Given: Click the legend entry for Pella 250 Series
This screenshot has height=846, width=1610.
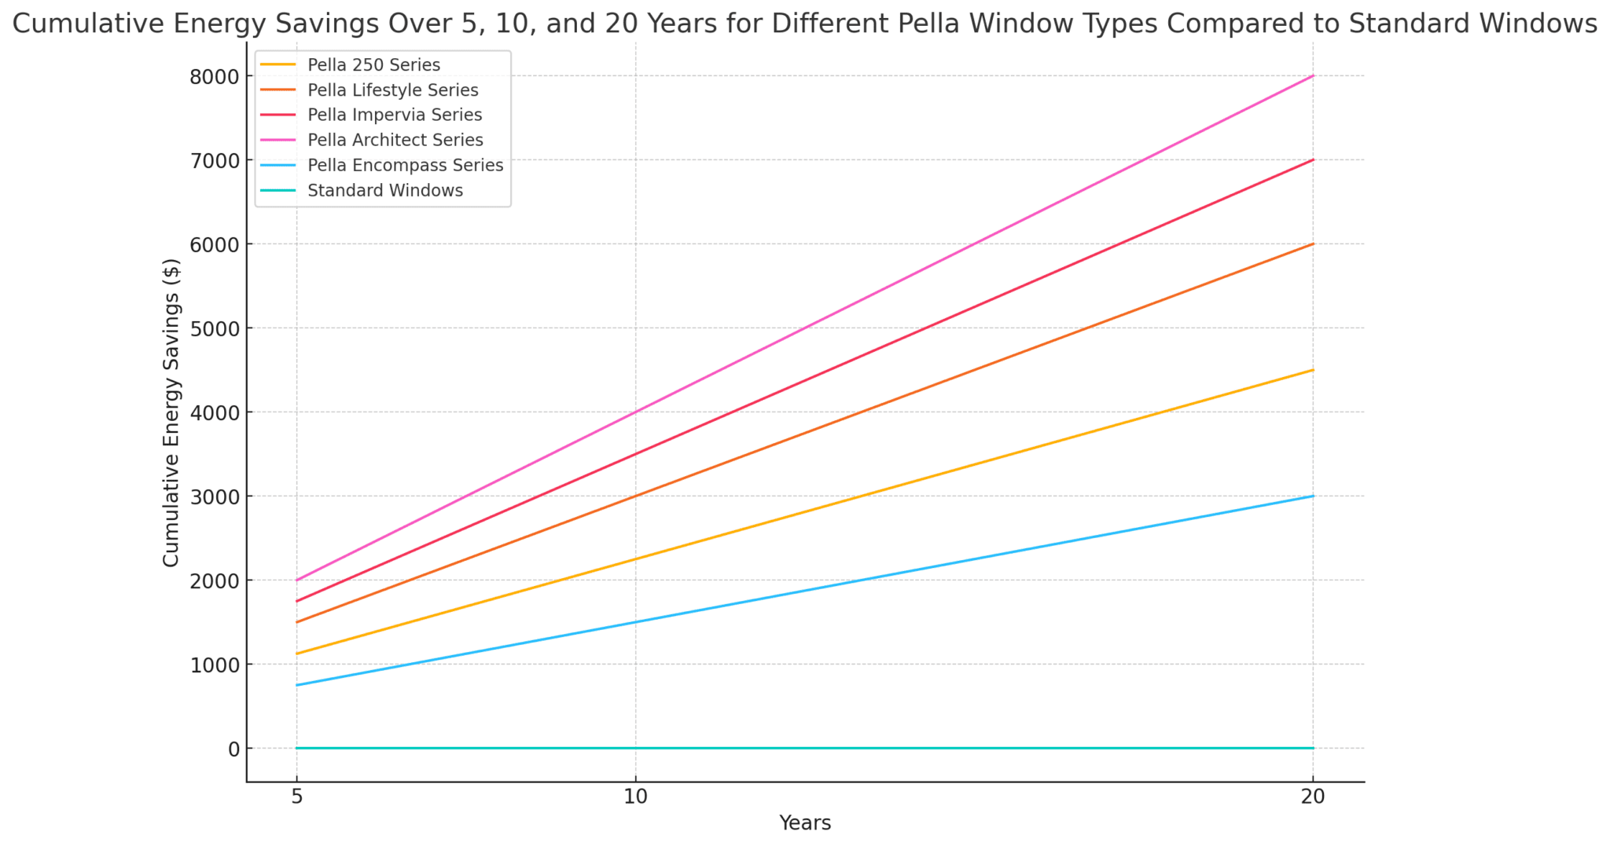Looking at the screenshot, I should tap(373, 64).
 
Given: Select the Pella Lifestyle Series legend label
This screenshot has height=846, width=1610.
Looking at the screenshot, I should tap(393, 90).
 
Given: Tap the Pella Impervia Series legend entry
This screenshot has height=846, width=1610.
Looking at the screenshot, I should tap(395, 115).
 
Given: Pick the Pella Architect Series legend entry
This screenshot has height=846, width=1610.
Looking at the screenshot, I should tap(395, 140).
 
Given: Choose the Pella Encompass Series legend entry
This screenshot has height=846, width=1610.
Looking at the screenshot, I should tap(406, 165).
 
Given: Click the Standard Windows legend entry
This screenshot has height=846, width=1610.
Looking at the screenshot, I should tap(385, 190).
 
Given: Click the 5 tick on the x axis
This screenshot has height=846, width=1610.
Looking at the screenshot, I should tap(296, 797).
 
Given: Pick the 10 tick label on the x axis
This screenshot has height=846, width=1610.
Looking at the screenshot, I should tap(635, 797).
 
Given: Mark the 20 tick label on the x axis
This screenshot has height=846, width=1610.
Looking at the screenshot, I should tap(1312, 797).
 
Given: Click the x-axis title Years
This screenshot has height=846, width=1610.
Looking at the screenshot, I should tap(805, 823).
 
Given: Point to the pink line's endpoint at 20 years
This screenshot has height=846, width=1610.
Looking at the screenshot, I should tap(1313, 76).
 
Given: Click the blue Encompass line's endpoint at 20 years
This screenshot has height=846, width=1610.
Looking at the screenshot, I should tap(1313, 496).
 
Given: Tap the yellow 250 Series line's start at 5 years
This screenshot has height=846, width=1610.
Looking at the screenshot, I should tap(297, 654).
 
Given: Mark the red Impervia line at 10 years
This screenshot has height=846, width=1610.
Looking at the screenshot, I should tap(635, 454).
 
